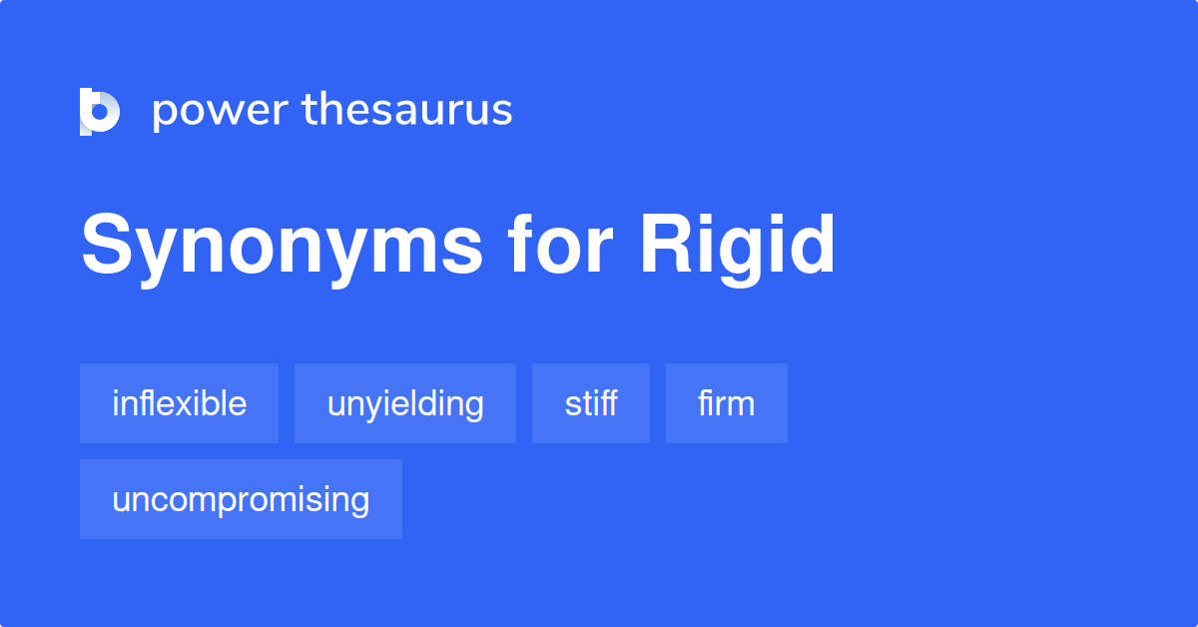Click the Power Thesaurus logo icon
tap(100, 111)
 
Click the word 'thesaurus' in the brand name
tap(407, 109)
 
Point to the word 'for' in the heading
tap(560, 244)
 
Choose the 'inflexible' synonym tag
tap(179, 403)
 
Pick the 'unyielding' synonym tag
tap(405, 403)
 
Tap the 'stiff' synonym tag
tap(591, 403)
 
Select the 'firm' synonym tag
tap(727, 403)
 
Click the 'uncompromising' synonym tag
tap(242, 499)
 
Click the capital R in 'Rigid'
tap(668, 244)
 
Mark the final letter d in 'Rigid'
tap(812, 244)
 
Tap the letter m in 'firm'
tap(739, 405)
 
